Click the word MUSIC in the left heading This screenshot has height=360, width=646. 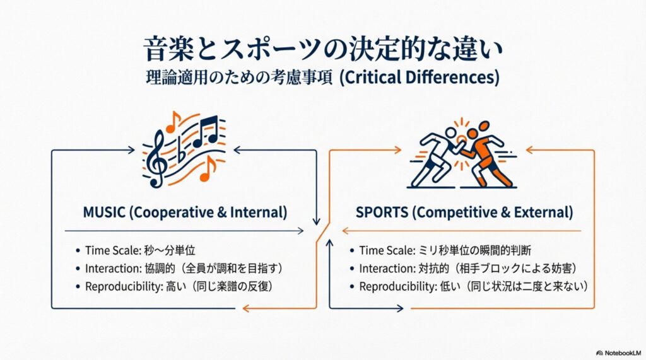click(104, 212)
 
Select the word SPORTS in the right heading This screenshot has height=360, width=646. click(382, 212)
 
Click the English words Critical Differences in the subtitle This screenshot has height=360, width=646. click(419, 78)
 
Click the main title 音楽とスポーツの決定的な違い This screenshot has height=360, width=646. click(324, 49)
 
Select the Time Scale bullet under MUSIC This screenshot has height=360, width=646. click(136, 250)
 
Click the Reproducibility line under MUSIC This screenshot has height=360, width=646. click(174, 287)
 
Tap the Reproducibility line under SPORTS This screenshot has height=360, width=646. click(469, 287)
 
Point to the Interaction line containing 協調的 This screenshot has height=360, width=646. click(180, 269)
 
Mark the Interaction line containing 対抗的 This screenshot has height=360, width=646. click(464, 269)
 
